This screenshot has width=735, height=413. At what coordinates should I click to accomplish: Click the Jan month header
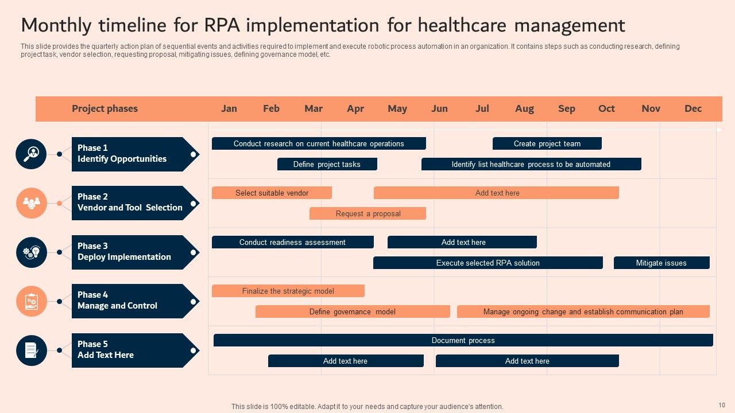pos(229,108)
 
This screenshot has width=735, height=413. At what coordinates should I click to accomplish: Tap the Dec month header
pos(693,108)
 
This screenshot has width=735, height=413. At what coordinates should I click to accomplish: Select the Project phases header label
pos(105,108)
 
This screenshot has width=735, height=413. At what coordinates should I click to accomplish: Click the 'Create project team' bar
pos(547,143)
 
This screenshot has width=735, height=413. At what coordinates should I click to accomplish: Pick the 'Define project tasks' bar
pos(327,164)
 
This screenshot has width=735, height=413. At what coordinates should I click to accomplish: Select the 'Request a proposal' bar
pos(367,213)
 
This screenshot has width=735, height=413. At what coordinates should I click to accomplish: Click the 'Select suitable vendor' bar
pos(272,193)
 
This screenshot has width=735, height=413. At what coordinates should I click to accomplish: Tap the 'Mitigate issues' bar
pos(661,263)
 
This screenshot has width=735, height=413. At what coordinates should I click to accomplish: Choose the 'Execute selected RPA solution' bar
pos(488,263)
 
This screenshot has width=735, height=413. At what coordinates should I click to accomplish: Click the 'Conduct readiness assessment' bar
pos(292,242)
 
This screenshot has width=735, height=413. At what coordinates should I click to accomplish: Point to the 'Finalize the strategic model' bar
pos(288,291)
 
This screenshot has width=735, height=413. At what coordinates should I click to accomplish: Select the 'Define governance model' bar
pos(352,311)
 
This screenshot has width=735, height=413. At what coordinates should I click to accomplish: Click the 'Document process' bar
pos(463,340)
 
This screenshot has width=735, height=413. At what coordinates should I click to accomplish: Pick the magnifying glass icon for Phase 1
pos(31,154)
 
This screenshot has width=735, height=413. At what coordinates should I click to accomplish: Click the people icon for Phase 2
pos(31,203)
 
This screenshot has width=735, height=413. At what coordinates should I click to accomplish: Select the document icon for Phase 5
pos(31,350)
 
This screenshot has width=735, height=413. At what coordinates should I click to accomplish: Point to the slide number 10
pos(722,405)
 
